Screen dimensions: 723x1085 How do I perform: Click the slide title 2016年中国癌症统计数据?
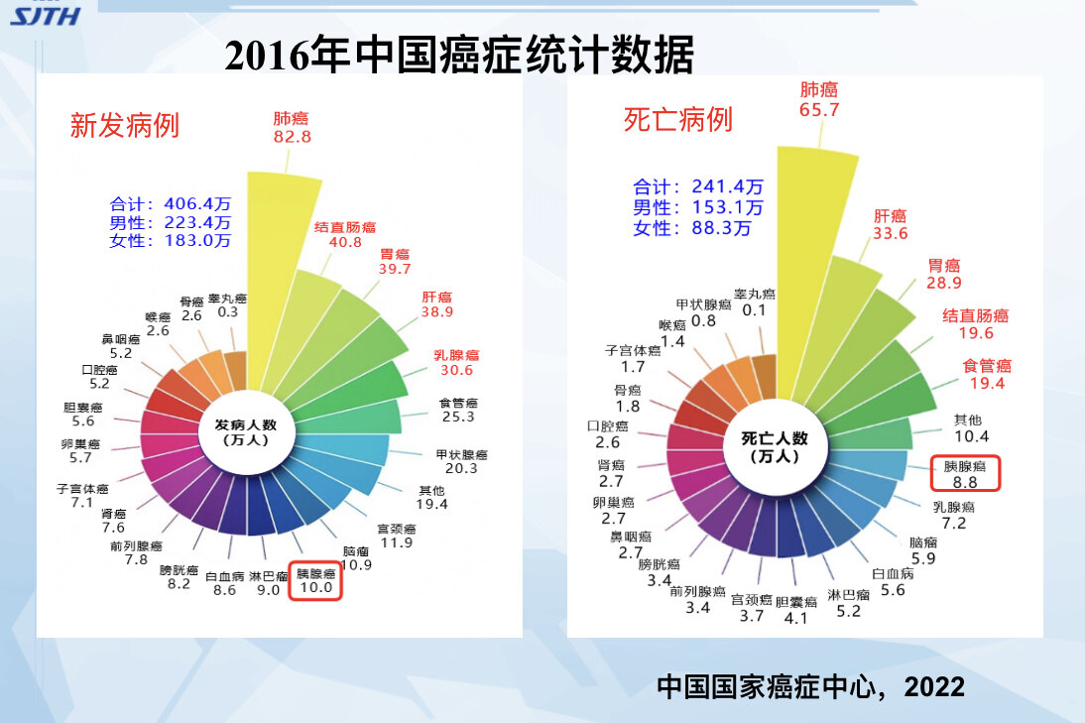[x=458, y=55]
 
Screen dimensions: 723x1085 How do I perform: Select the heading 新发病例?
[x=124, y=125]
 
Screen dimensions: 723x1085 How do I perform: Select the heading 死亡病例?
[x=677, y=120]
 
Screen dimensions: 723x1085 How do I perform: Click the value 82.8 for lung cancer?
[x=292, y=137]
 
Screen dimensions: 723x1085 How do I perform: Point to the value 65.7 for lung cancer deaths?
[x=819, y=110]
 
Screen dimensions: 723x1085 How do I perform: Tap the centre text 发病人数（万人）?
[x=248, y=431]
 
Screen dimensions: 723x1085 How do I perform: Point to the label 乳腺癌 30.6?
[x=456, y=362]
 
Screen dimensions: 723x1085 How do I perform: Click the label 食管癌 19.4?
[x=987, y=374]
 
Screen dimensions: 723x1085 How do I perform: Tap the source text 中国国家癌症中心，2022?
[x=810, y=686]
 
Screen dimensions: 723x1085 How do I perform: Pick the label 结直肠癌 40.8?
[x=344, y=233]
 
